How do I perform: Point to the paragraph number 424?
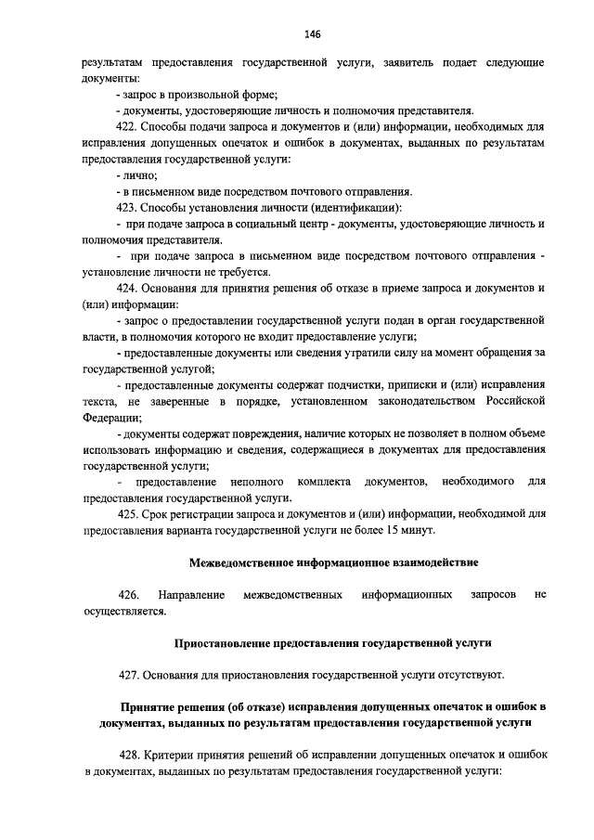click(x=130, y=288)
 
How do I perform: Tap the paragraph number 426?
click(x=129, y=593)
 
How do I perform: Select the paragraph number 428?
click(x=130, y=755)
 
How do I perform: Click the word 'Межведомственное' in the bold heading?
click(x=237, y=562)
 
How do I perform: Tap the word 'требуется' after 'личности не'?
click(x=239, y=272)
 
